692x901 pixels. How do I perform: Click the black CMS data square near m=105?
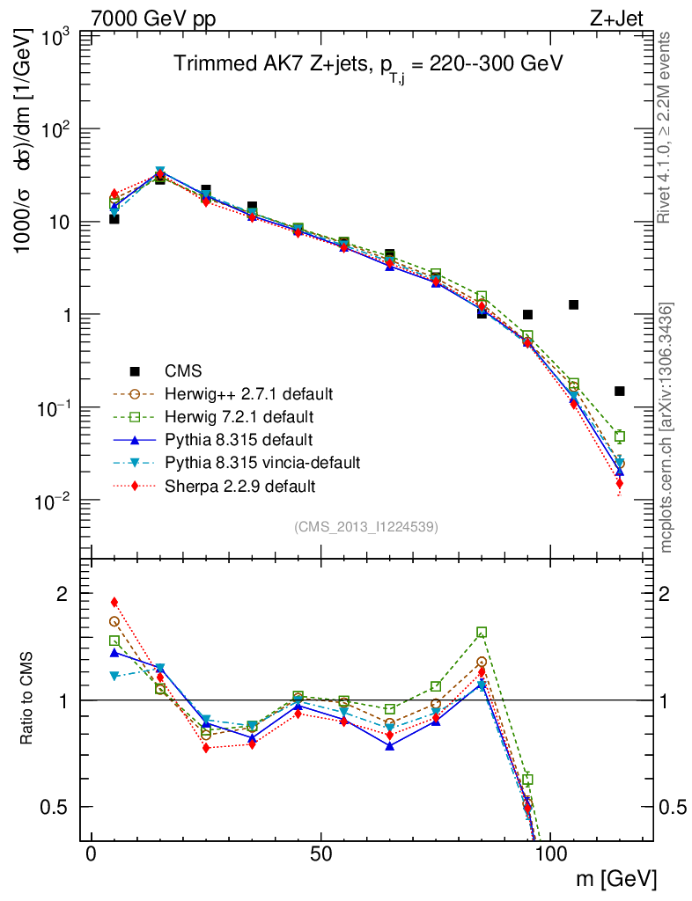[x=573, y=304]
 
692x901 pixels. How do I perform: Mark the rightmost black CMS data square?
[x=619, y=391]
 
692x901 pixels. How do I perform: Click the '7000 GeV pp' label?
[x=153, y=18]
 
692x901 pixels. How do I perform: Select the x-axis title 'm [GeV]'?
[x=617, y=877]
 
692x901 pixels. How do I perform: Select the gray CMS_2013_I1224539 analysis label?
[x=366, y=526]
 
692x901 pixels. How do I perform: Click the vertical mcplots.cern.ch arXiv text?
[x=667, y=428]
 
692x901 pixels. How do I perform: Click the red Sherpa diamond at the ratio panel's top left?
[x=114, y=603]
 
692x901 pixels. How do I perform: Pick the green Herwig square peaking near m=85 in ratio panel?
[x=482, y=633]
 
